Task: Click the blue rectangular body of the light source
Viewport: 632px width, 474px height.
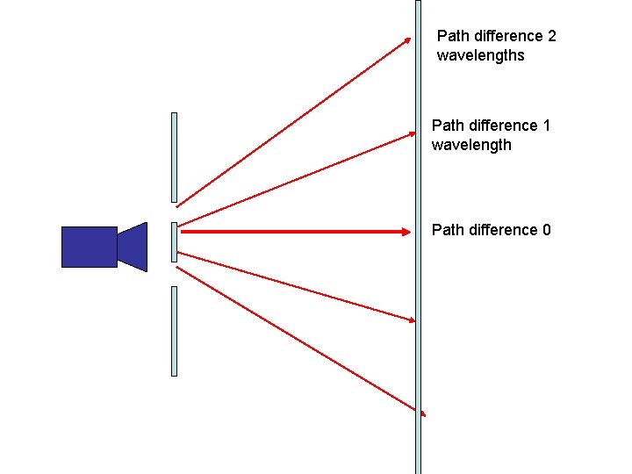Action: (x=89, y=247)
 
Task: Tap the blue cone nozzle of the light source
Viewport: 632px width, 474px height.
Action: (x=133, y=247)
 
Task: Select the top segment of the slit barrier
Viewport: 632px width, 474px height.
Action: (x=174, y=157)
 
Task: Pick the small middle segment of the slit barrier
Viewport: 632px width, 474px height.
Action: (x=174, y=242)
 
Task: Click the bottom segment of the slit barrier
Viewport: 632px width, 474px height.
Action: (x=174, y=331)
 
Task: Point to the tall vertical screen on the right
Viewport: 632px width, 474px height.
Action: (x=418, y=263)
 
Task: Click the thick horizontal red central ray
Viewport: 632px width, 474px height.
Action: (x=290, y=232)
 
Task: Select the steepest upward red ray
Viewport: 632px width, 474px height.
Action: (x=290, y=122)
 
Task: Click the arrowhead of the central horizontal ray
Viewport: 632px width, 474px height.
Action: (x=406, y=232)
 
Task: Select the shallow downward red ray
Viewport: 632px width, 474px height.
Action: (x=290, y=285)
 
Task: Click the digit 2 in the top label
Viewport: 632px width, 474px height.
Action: (x=551, y=36)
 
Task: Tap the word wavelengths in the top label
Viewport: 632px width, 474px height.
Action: (x=480, y=55)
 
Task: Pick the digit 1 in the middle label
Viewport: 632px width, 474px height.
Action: (x=546, y=126)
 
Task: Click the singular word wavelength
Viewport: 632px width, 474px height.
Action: (x=471, y=145)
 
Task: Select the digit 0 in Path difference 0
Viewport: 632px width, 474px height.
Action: (x=546, y=230)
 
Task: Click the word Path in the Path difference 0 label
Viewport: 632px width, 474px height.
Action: (x=447, y=230)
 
